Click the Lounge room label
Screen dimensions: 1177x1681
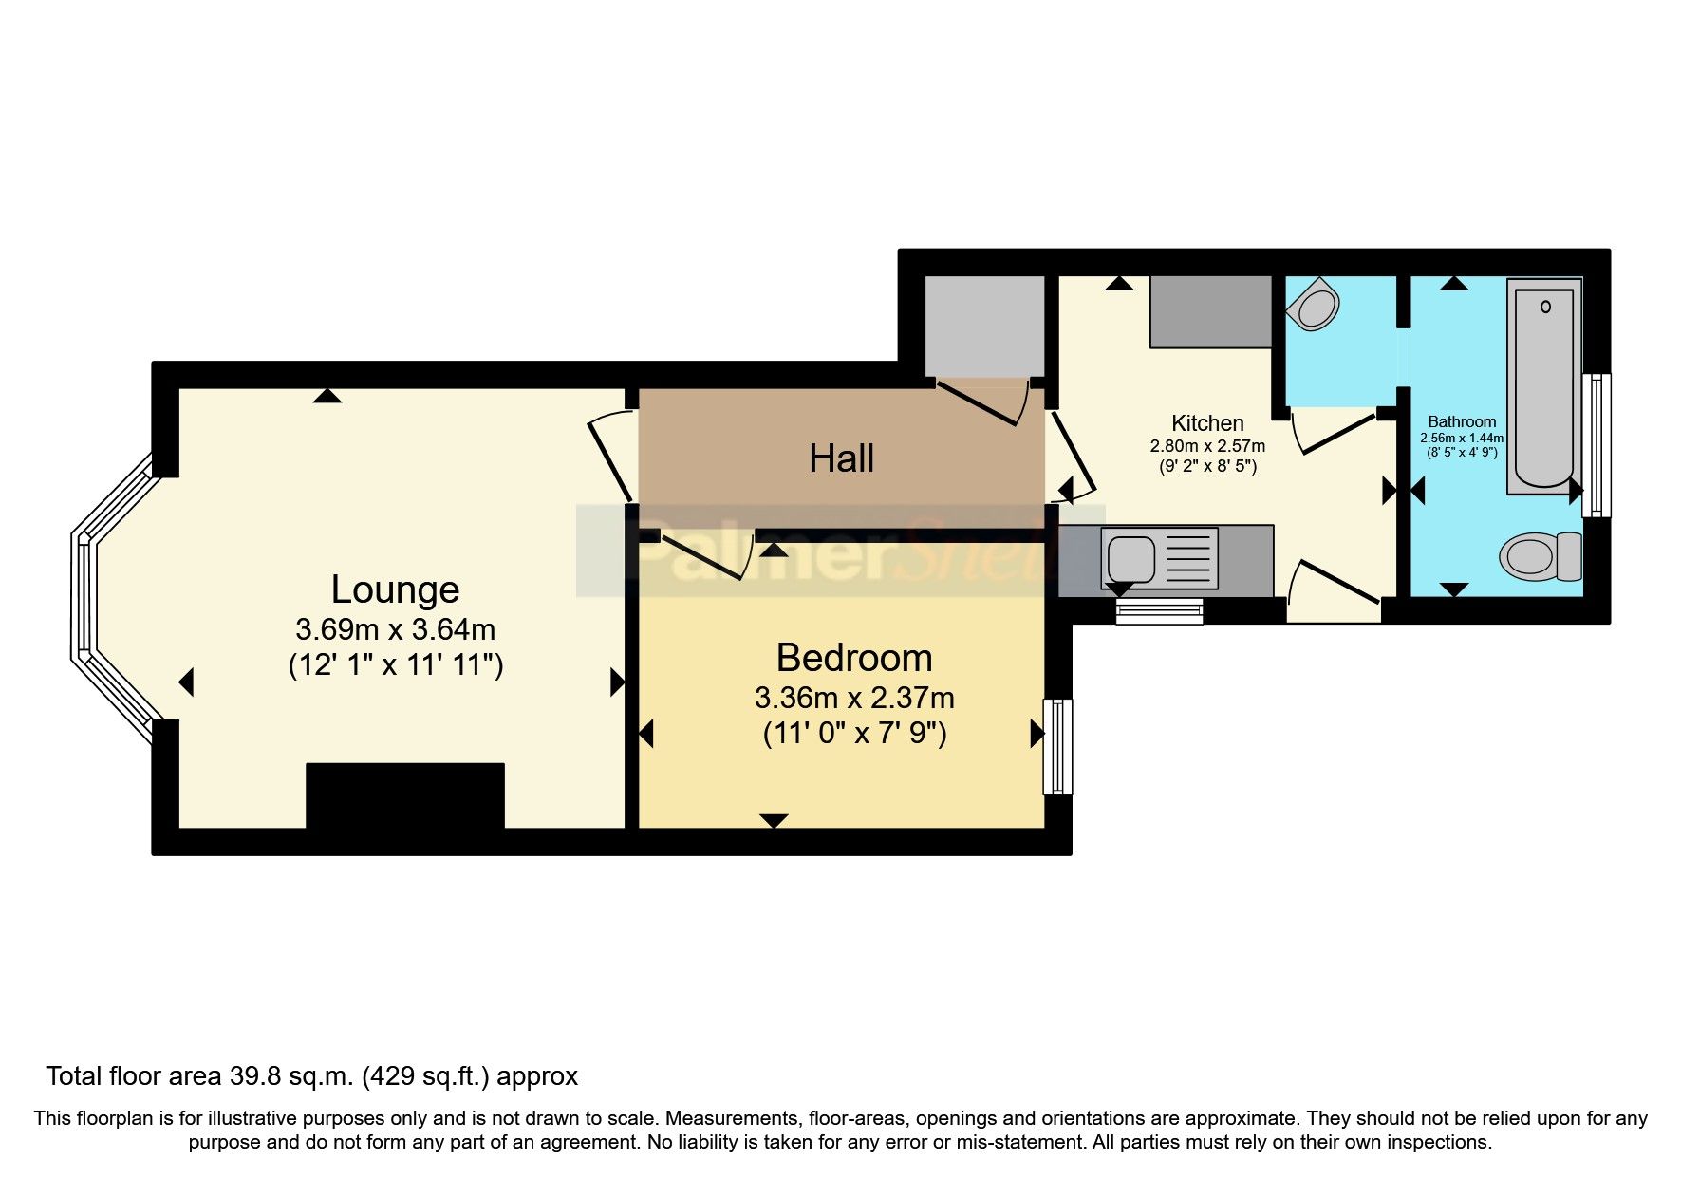[x=395, y=589]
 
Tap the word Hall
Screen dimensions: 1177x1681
[x=841, y=459]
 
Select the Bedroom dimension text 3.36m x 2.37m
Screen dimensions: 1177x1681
[x=854, y=699]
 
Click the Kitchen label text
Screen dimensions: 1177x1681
[x=1206, y=423]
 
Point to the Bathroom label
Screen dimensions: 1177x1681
[x=1462, y=422]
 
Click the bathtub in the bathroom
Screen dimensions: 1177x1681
[x=1543, y=387]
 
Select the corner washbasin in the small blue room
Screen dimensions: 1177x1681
[x=1316, y=306]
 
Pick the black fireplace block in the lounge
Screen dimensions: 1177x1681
[x=405, y=795]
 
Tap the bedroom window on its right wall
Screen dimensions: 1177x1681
[x=1056, y=746]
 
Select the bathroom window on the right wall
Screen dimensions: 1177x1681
[x=1597, y=445]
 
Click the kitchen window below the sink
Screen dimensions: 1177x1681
[x=1159, y=610]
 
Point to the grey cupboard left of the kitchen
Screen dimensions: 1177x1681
[x=984, y=327]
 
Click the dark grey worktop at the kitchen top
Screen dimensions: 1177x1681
[x=1210, y=311]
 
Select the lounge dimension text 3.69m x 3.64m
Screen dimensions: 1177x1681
[x=395, y=629]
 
